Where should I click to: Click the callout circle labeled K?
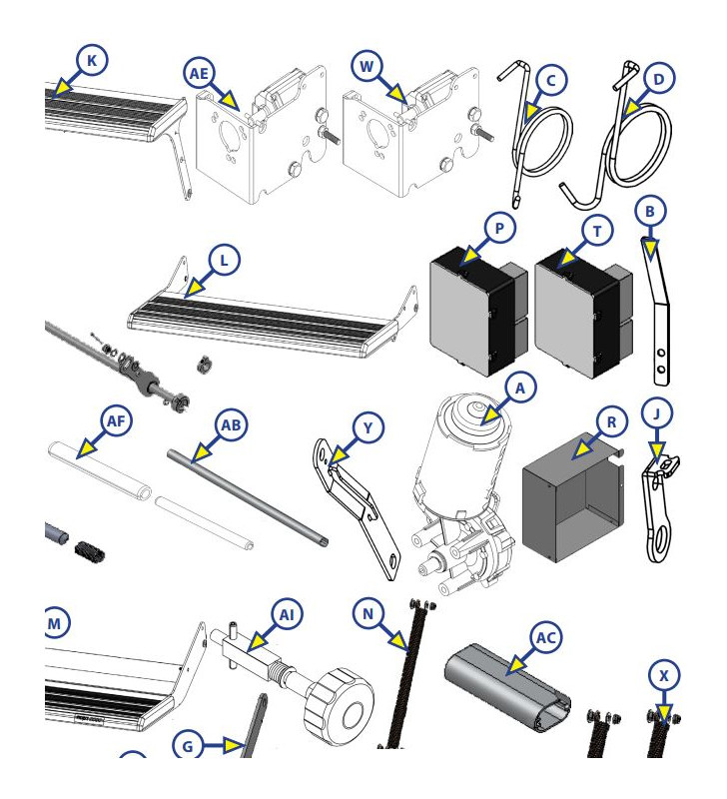(92, 61)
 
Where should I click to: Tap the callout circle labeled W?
(368, 68)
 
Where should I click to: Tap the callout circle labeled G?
(189, 744)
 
